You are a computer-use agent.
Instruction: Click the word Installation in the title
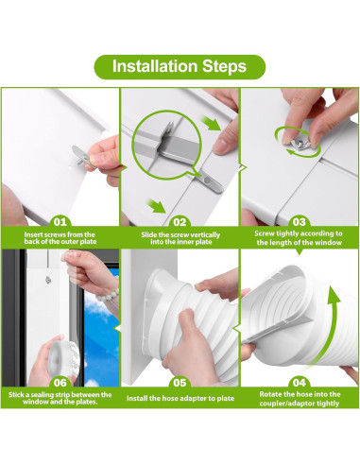(x=155, y=66)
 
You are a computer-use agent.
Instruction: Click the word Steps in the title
(x=222, y=66)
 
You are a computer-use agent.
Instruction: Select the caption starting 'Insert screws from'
(x=59, y=235)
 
